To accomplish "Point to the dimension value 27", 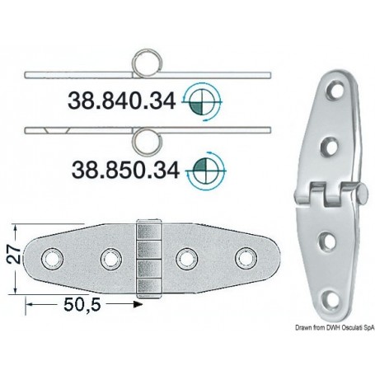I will point(12,260).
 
